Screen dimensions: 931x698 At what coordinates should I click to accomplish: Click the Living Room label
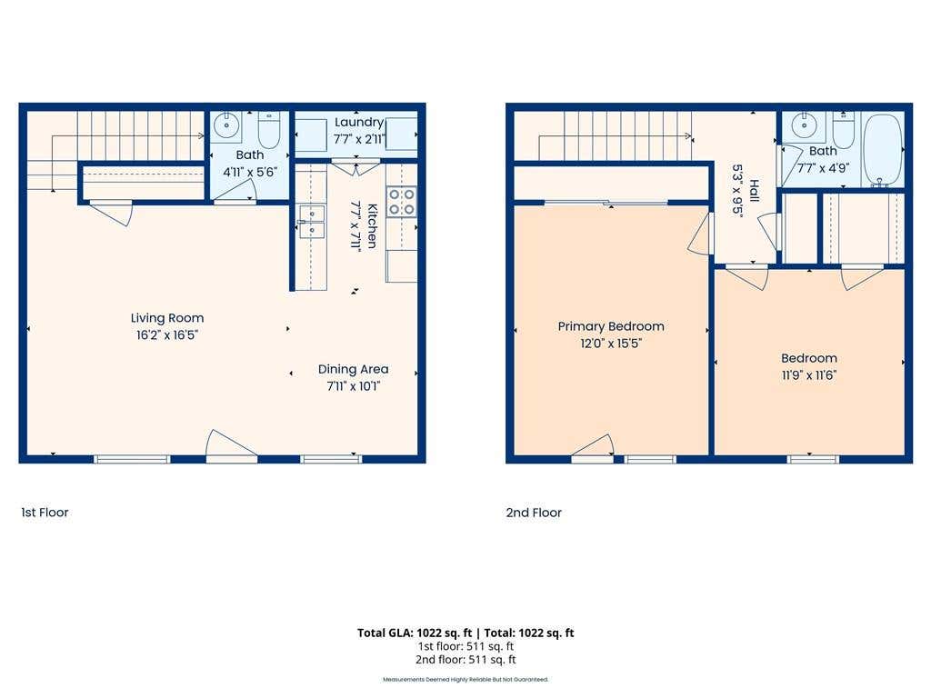167,318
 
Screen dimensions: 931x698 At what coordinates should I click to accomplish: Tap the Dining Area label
354,369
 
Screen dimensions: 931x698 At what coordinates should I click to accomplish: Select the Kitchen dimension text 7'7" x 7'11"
356,226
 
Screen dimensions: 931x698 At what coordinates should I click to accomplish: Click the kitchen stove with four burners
401,201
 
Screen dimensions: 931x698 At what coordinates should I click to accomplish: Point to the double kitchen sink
311,222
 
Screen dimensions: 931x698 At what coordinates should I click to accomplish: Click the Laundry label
359,123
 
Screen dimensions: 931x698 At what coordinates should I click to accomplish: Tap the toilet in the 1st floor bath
269,130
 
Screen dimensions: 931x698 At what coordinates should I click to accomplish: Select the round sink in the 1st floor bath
226,125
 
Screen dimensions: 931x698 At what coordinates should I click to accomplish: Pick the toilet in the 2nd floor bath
843,129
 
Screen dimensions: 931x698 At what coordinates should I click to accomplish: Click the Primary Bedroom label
611,326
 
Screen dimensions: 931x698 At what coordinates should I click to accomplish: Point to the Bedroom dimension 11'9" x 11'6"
809,375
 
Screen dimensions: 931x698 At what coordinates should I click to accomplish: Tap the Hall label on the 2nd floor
754,191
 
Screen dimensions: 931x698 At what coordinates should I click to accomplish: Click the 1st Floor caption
45,513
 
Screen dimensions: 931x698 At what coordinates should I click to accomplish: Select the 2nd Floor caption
534,513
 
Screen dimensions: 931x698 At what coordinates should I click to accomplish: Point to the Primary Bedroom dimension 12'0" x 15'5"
611,343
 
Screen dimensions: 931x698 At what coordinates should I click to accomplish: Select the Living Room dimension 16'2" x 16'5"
167,334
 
